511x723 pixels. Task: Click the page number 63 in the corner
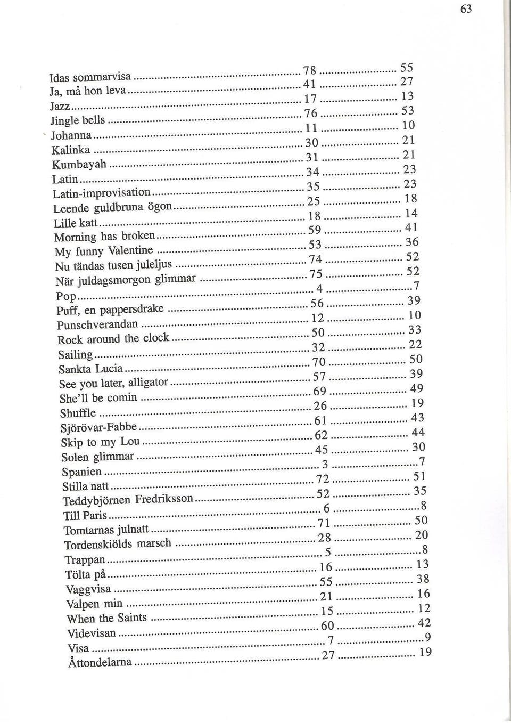466,9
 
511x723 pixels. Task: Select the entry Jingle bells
78,120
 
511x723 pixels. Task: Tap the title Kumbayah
79,164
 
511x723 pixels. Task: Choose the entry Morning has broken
104,236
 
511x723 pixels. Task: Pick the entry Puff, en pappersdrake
110,310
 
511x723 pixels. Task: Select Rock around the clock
113,338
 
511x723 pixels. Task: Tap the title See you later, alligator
113,383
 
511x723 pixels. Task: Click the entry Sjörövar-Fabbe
99,427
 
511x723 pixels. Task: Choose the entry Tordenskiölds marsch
118,544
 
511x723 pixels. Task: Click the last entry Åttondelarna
100,662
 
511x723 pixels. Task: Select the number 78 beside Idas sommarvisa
309,71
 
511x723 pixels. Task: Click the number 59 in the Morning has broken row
315,230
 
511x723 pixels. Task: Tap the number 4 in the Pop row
319,288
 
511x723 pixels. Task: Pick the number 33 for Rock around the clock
415,330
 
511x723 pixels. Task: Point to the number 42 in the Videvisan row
424,623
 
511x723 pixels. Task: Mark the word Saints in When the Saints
132,618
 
